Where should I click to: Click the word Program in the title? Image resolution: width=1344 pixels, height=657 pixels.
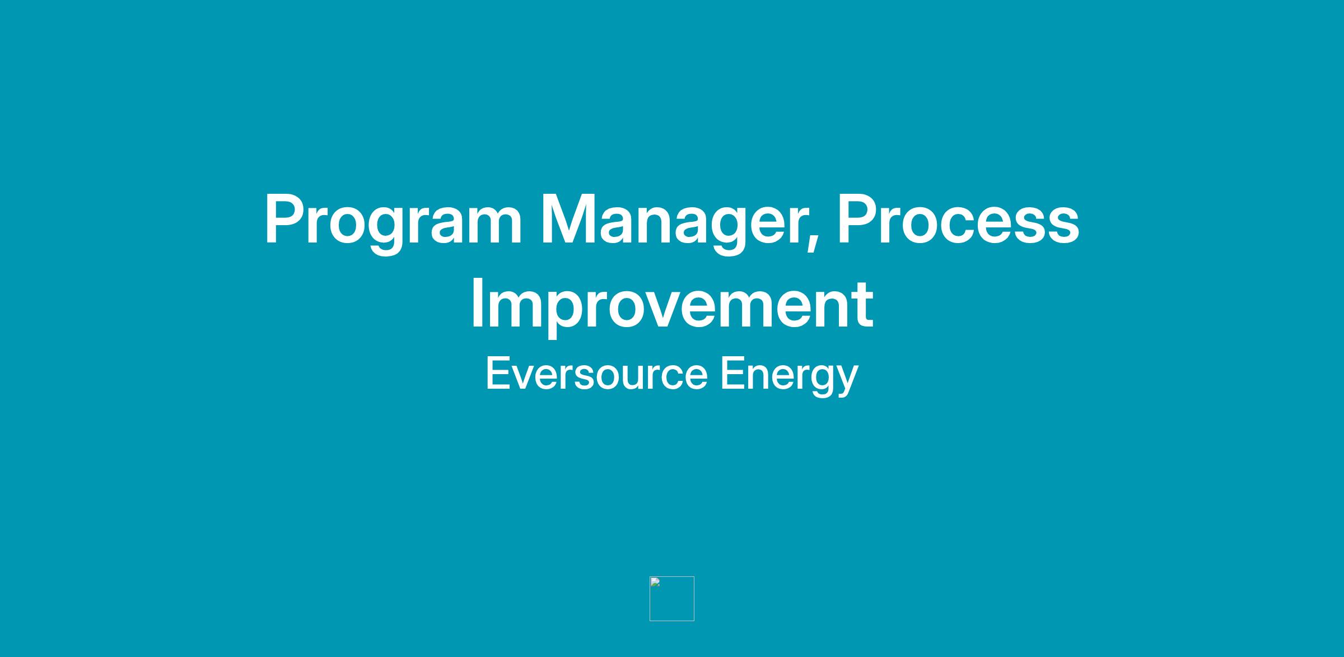[x=393, y=222]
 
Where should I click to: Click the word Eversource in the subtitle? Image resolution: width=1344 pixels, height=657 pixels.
[x=596, y=374]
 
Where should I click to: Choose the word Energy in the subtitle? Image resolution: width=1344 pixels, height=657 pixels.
[x=789, y=376]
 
